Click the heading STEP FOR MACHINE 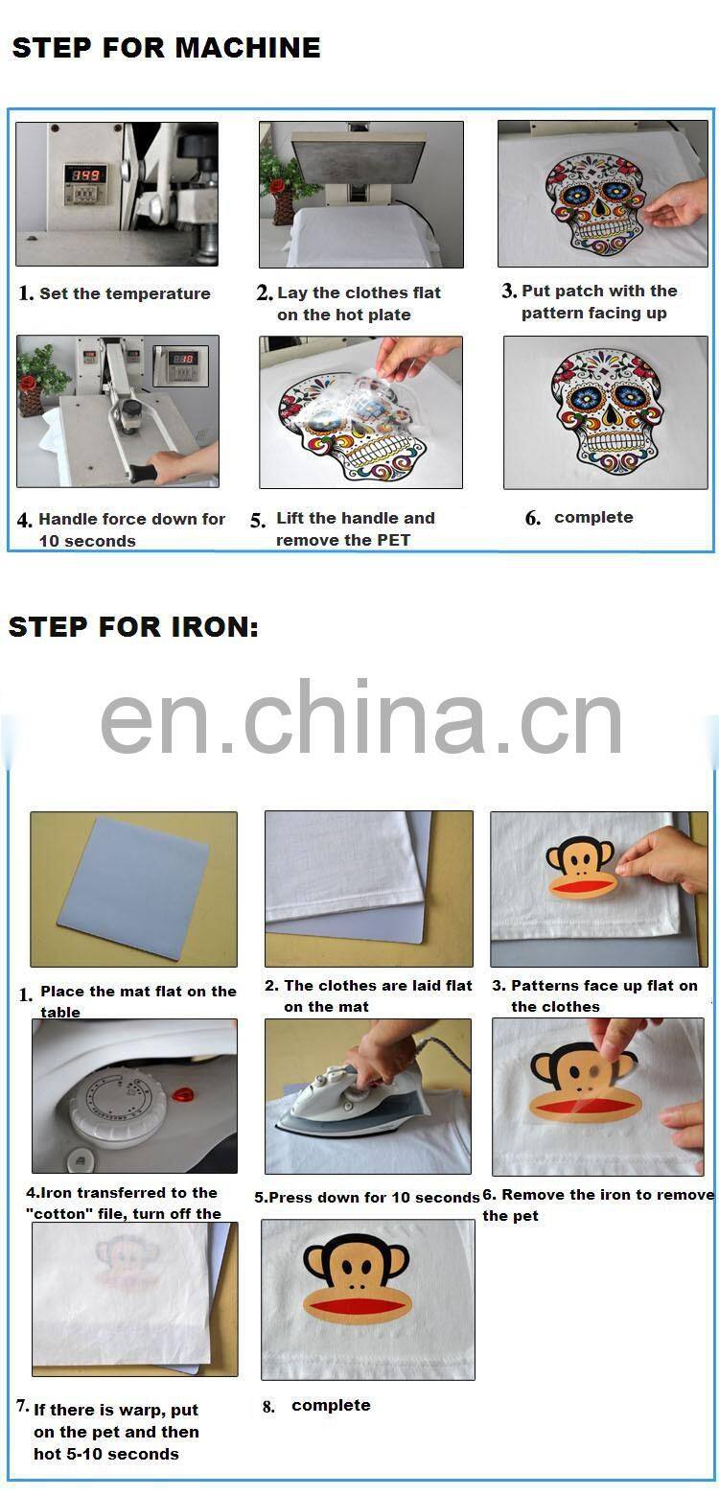tap(166, 48)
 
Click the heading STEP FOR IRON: tap(133, 627)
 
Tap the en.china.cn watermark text tap(361, 719)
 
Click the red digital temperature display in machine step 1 tap(83, 176)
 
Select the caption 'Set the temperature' tap(125, 293)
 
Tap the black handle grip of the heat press tap(149, 473)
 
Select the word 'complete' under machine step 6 tap(593, 517)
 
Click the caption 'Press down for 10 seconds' tap(367, 1197)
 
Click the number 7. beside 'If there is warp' tap(22, 1406)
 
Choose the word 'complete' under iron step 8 tap(331, 1405)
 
